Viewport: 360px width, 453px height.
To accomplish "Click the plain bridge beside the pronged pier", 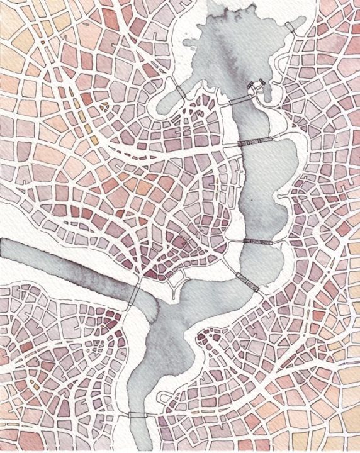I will pyautogui.click(x=239, y=99).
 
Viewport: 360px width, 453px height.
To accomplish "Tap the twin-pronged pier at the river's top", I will pyautogui.click(x=256, y=87).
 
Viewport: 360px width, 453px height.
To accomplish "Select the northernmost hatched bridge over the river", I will pyautogui.click(x=257, y=142).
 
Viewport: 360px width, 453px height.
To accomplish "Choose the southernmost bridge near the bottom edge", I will pyautogui.click(x=138, y=415).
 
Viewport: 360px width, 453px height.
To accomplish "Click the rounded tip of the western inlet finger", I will pyautogui.click(x=162, y=107).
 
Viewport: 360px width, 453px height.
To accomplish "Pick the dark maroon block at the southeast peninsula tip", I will pyautogui.click(x=203, y=339).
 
